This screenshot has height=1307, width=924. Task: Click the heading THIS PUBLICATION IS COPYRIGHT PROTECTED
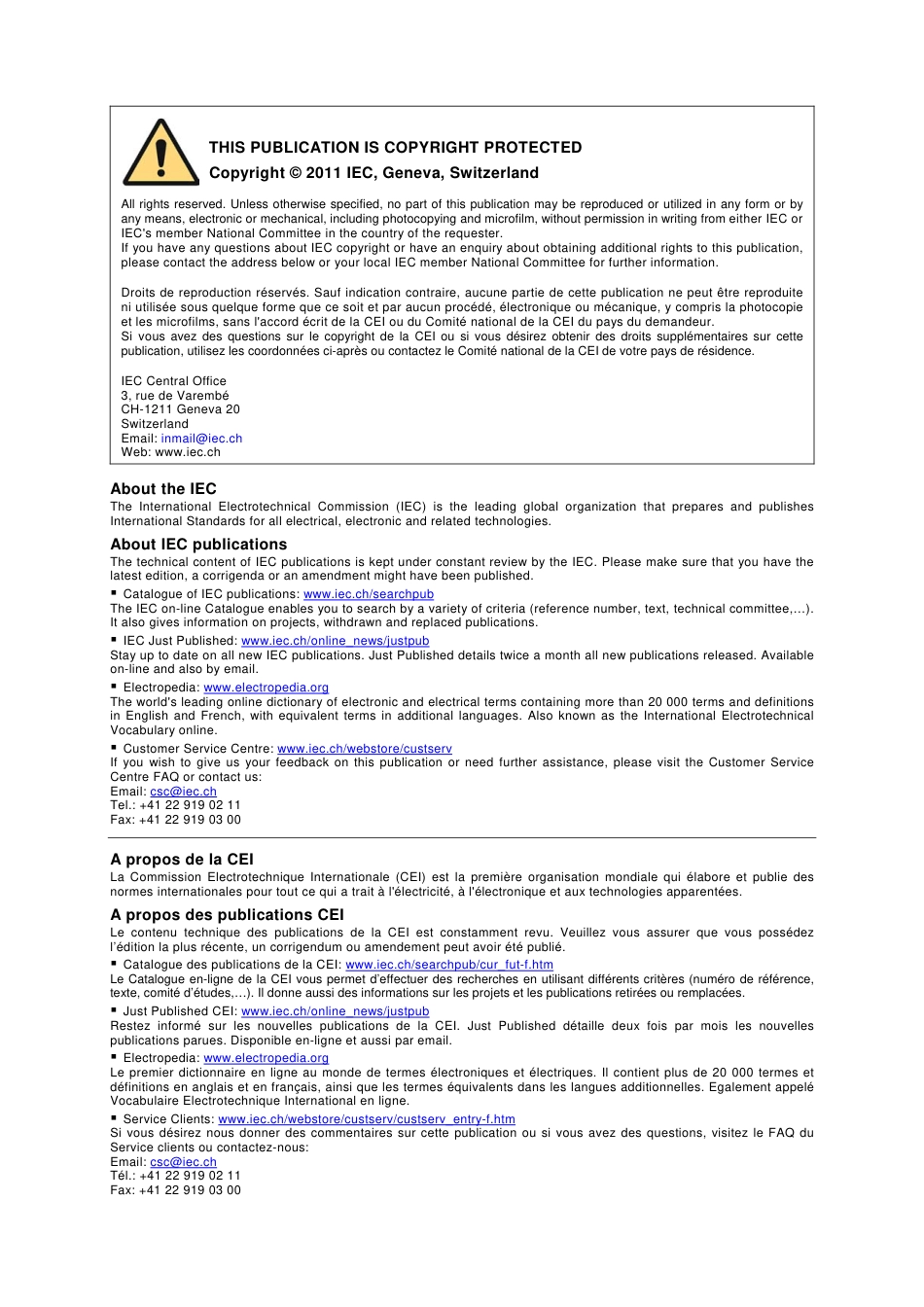pyautogui.click(x=395, y=148)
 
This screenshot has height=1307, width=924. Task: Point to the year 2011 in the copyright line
pyautogui.click(x=323, y=173)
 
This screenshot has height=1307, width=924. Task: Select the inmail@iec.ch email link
pyautogui.click(x=201, y=439)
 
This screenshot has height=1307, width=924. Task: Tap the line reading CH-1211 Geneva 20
pyautogui.click(x=180, y=409)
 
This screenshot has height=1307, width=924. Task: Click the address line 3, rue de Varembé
pyautogui.click(x=175, y=396)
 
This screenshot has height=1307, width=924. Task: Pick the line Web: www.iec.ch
pyautogui.click(x=170, y=452)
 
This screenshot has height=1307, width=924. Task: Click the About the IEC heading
pyautogui.click(x=163, y=489)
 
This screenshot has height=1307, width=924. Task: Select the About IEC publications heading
pyautogui.click(x=198, y=545)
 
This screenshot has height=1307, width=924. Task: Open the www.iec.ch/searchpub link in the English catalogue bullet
pyautogui.click(x=369, y=594)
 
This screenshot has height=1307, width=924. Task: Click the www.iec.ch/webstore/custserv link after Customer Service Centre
pyautogui.click(x=365, y=749)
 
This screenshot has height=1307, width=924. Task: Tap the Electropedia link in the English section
pyautogui.click(x=266, y=688)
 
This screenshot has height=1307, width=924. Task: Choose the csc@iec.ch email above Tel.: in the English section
pyautogui.click(x=183, y=792)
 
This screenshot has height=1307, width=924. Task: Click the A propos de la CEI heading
pyautogui.click(x=182, y=860)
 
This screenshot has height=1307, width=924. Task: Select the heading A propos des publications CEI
pyautogui.click(x=227, y=915)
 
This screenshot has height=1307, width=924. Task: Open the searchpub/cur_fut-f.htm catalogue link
pyautogui.click(x=449, y=965)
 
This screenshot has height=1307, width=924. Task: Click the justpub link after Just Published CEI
pyautogui.click(x=335, y=1011)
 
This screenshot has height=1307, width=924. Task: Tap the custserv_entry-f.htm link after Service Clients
pyautogui.click(x=367, y=1119)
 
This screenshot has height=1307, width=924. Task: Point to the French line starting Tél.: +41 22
pyautogui.click(x=175, y=1176)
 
